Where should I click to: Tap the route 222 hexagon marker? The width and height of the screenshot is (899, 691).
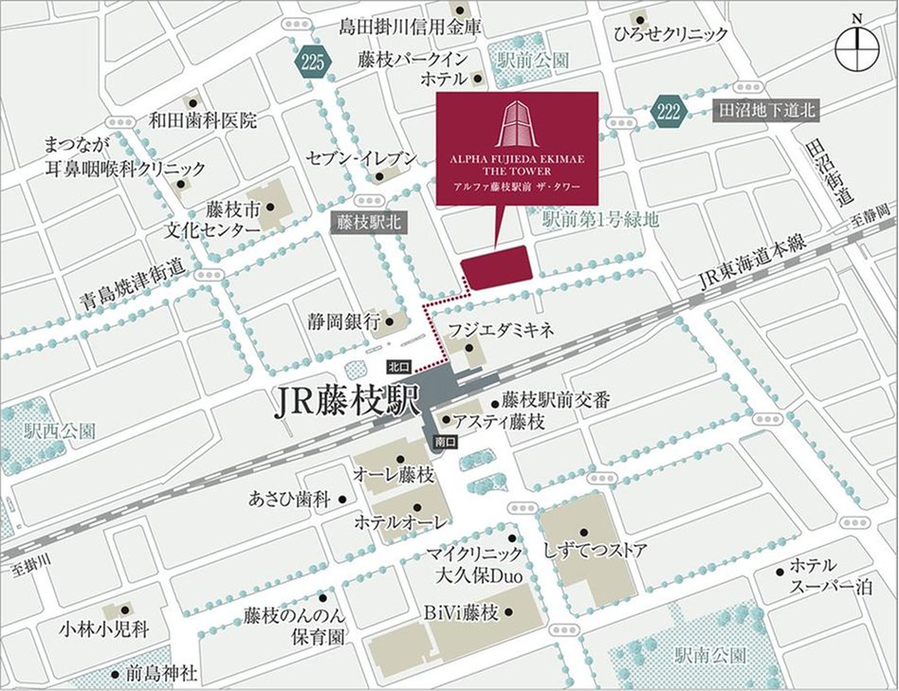tap(669, 112)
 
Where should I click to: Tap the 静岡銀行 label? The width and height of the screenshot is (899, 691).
tap(342, 321)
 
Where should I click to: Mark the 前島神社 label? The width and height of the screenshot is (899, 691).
tap(162, 674)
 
